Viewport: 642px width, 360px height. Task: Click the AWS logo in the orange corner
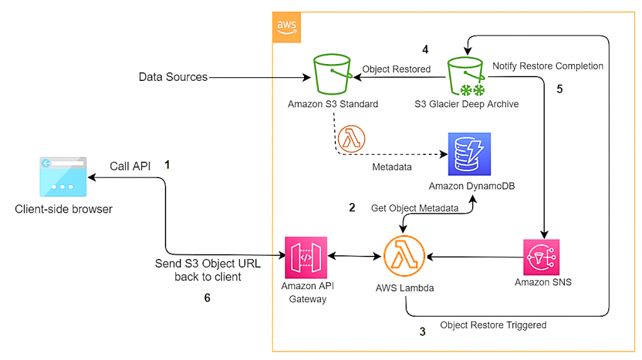point(286,27)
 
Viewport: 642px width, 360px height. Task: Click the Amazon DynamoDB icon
point(470,154)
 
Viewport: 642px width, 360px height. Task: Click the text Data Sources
point(173,77)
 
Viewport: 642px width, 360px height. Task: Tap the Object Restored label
point(396,69)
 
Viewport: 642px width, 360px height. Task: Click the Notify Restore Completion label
point(548,66)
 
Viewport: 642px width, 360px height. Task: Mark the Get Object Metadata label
point(414,208)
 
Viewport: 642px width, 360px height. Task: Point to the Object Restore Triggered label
point(493,325)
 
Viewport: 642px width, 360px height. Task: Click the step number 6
point(208,299)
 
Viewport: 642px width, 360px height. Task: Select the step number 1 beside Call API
point(167,164)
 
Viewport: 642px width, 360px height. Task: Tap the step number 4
point(425,48)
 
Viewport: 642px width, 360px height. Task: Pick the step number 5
point(560,89)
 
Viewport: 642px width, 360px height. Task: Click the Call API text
point(130,166)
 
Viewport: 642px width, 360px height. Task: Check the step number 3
point(422,332)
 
